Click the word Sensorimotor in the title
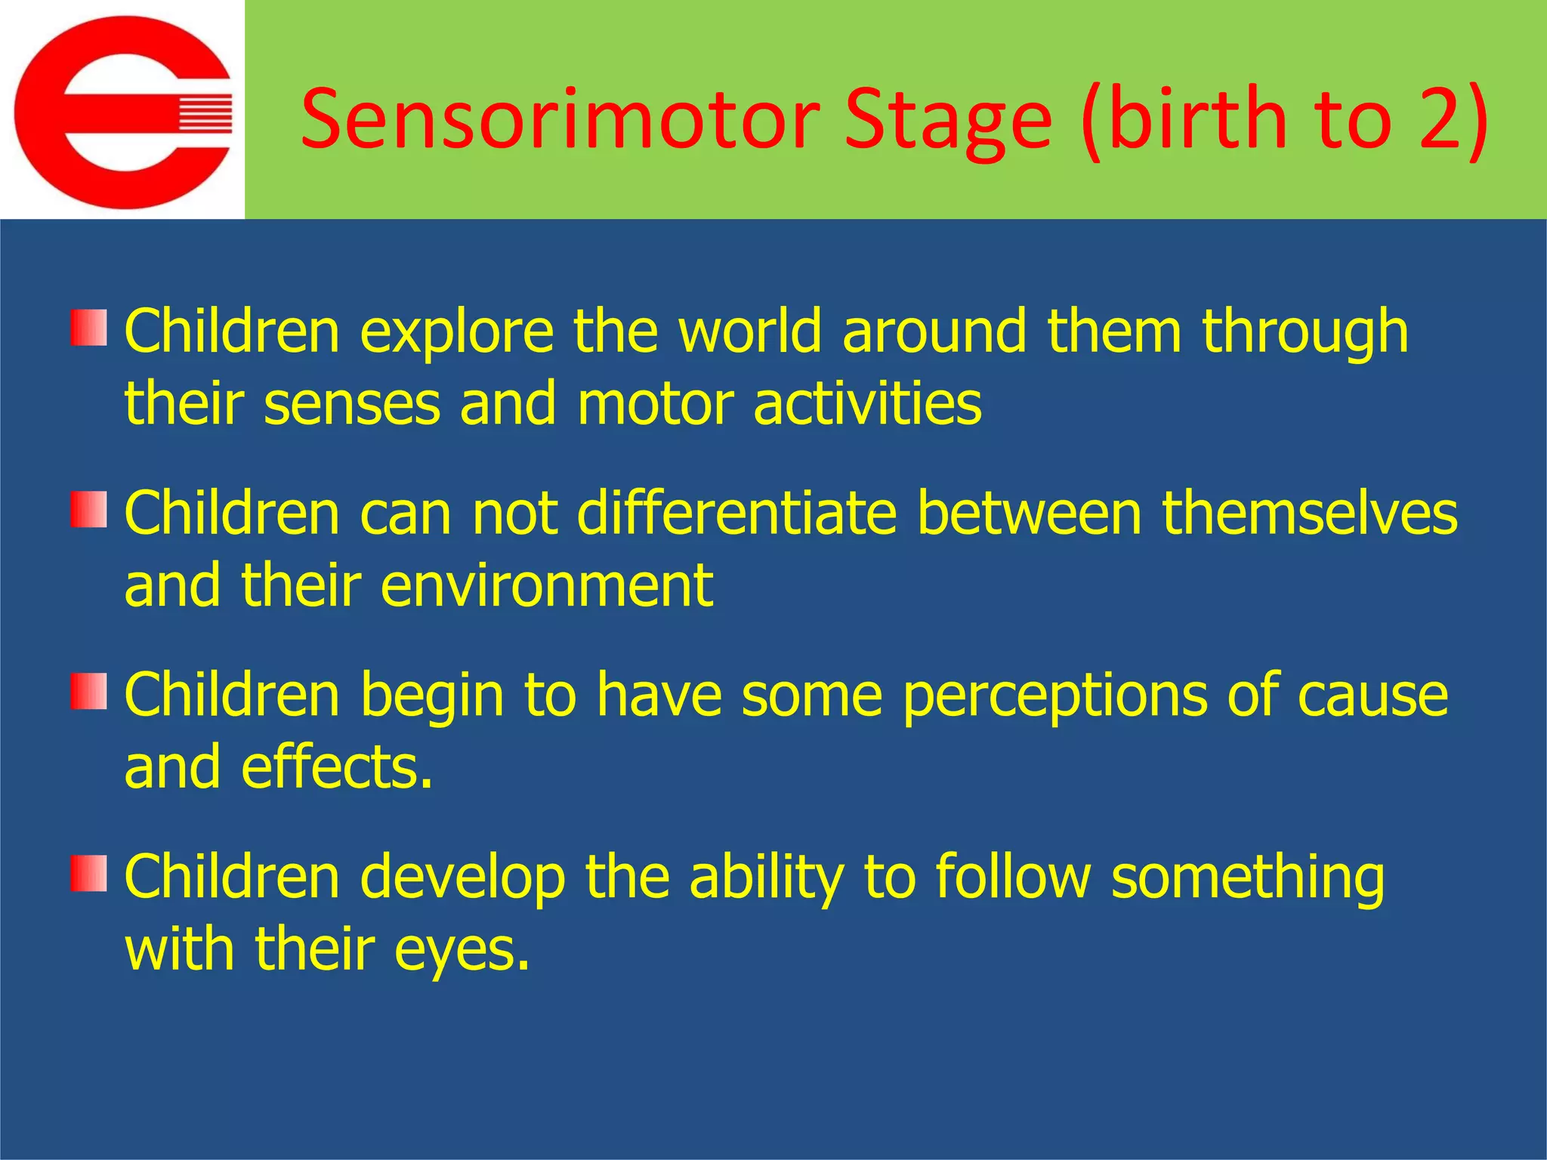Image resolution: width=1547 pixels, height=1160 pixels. pyautogui.click(x=560, y=119)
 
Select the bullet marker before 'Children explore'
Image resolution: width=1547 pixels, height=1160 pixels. pyautogui.click(x=89, y=328)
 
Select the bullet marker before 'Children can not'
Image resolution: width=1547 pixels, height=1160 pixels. pyautogui.click(x=89, y=510)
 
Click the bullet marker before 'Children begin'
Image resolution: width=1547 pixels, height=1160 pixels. pyautogui.click(x=89, y=692)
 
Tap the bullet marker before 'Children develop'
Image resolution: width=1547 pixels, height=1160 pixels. pyautogui.click(x=89, y=874)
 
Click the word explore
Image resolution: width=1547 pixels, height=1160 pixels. pyautogui.click(x=456, y=332)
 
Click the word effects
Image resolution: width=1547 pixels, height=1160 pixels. pyautogui.click(x=337, y=767)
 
